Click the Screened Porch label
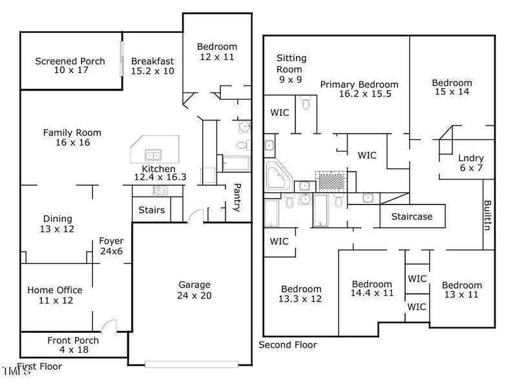pos(70,61)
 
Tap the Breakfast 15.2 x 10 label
pos(153,66)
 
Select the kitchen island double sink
pos(153,155)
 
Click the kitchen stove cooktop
pos(160,190)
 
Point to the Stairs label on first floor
pos(151,210)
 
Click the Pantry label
pos(237,197)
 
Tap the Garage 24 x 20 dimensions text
pos(195,295)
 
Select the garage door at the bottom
pos(191,364)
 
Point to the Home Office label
pos(55,290)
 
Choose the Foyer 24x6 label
pos(111,246)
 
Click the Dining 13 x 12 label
pos(57,224)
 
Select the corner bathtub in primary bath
pos(278,175)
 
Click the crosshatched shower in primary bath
pos(331,181)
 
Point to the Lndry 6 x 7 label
pos(471,163)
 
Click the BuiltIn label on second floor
pos(487,216)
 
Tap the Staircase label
pos(412,216)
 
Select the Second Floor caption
pos(288,345)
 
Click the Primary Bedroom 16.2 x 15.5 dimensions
pos(365,94)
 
